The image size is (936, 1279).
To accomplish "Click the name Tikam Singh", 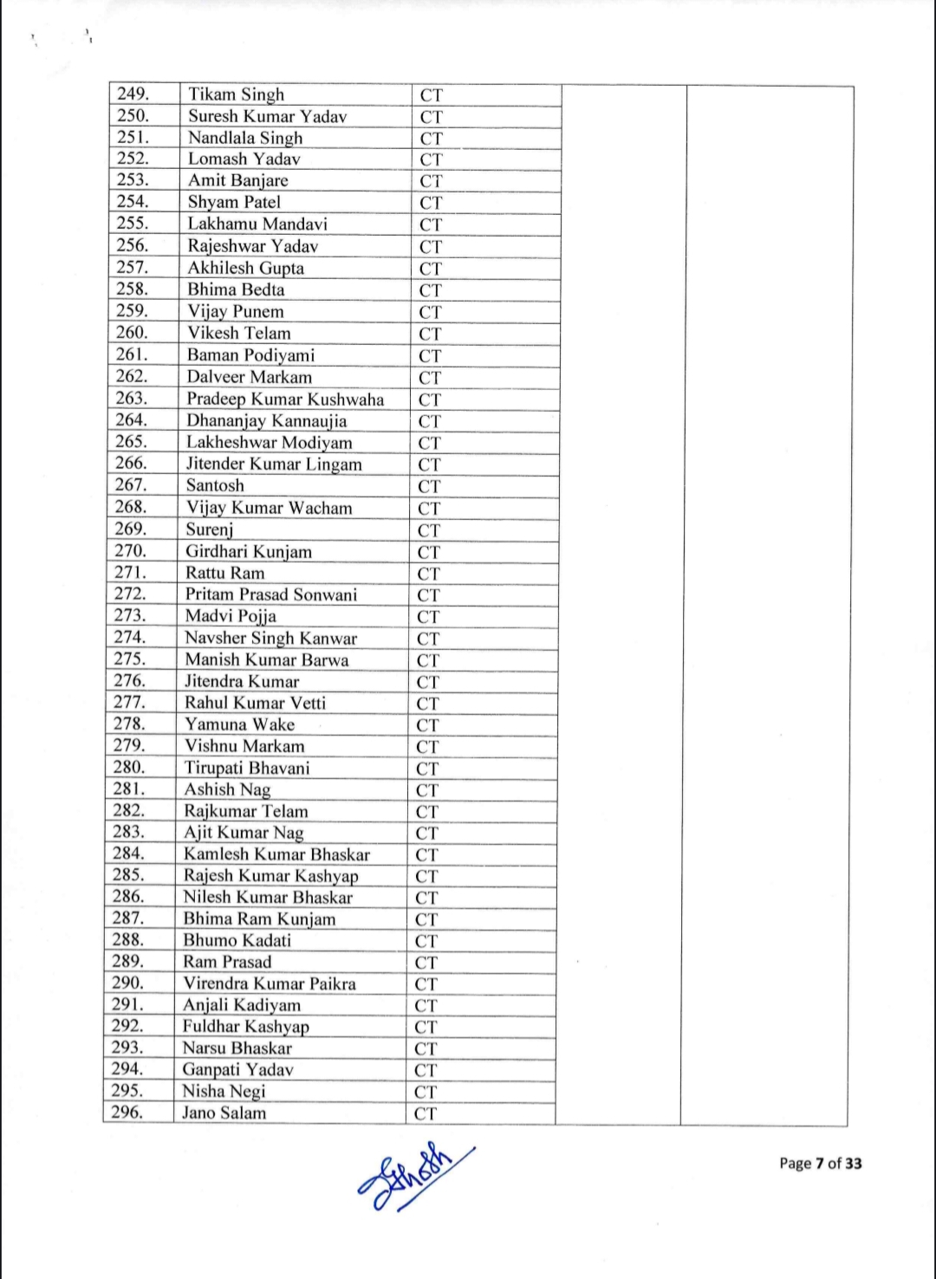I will click(236, 94).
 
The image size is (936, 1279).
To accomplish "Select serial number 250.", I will click(133, 115).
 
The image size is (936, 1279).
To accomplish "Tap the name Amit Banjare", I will click(237, 180).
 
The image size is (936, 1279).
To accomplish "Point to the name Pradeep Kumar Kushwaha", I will click(285, 399).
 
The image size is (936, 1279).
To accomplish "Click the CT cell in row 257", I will click(431, 269).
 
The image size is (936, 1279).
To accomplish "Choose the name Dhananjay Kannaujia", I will click(266, 421).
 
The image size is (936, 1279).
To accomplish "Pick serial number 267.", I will click(131, 485).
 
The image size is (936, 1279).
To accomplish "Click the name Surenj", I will click(210, 529).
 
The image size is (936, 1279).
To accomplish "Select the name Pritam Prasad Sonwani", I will click(270, 594).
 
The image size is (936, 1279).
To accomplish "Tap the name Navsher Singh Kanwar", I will click(270, 638).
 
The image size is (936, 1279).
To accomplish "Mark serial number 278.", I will click(129, 724).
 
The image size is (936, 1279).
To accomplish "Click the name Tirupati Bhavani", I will click(246, 768).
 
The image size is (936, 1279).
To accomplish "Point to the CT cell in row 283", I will click(427, 834).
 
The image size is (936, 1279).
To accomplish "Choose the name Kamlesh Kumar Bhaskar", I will click(276, 854).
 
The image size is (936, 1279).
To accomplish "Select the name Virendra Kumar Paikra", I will click(269, 984).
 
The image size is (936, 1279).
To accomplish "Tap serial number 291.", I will click(127, 1004).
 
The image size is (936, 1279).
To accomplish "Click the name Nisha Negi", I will click(224, 1091).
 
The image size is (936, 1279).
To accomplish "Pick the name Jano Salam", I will click(224, 1113).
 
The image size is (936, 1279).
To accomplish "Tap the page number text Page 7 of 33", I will click(820, 1163).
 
